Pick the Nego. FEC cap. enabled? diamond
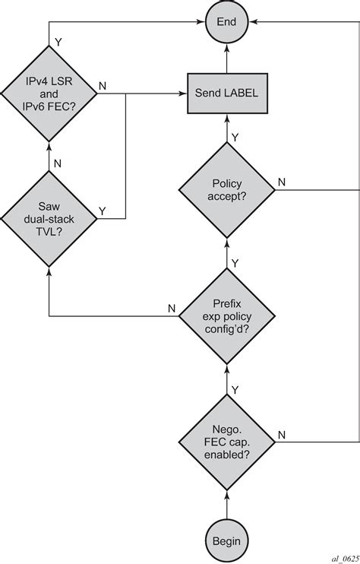226,440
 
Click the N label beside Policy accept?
282,182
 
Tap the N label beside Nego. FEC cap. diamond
282,434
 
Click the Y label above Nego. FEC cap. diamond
235,388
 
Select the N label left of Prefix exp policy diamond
172,308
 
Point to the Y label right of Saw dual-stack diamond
103,210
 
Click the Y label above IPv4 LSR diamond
58,35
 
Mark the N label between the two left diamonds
58,161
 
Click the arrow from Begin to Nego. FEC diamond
226,492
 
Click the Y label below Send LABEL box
235,138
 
